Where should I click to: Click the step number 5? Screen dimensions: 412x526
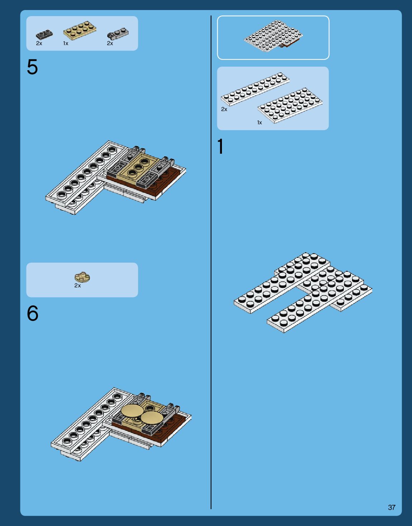pos(32,67)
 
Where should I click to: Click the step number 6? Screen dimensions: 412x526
pos(33,314)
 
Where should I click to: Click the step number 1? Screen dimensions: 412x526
pos(220,147)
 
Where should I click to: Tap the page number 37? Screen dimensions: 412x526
pos(392,507)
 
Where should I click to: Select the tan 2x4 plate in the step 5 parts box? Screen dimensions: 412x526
pos(80,30)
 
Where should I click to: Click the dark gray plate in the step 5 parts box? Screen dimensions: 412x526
pos(44,34)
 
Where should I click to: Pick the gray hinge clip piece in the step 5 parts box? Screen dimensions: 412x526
pos(118,34)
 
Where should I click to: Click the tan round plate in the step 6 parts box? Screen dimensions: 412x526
pos(82,277)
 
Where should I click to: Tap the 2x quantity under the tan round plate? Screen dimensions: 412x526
pos(78,286)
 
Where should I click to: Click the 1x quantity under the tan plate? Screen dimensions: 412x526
pos(66,43)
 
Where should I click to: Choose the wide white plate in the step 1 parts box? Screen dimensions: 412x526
pos(290,105)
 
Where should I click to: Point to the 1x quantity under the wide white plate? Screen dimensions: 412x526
pos(260,123)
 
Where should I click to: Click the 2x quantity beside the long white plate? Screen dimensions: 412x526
pos(224,109)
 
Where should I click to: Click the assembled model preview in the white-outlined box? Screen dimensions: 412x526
pos(273,37)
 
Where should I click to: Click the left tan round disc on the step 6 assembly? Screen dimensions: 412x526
pos(132,411)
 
